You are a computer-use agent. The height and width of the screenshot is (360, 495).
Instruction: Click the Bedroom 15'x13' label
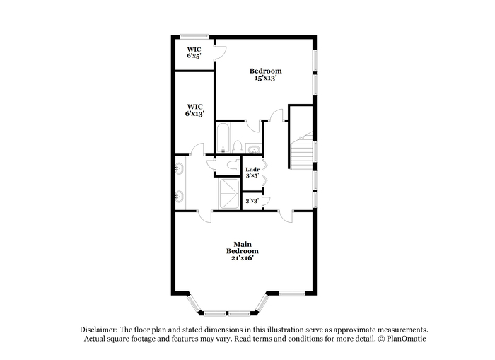(265, 74)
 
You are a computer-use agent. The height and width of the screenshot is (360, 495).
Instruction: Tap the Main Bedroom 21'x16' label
(243, 251)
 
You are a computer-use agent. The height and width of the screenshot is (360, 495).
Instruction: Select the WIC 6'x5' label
(194, 52)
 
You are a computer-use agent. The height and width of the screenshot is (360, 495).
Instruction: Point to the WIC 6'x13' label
(194, 110)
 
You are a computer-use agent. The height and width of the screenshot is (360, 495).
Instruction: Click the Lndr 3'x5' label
(252, 173)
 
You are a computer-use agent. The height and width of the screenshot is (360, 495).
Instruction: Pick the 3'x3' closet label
(252, 201)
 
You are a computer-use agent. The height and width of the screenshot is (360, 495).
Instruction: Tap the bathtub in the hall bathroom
(223, 139)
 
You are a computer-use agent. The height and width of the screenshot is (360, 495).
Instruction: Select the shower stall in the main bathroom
(229, 194)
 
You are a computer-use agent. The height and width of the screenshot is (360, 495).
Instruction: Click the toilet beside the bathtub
(237, 148)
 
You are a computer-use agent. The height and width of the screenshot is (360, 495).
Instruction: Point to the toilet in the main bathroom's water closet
(233, 165)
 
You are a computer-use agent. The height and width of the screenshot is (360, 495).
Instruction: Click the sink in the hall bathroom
(254, 149)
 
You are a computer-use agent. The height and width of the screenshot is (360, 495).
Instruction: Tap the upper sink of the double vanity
(180, 168)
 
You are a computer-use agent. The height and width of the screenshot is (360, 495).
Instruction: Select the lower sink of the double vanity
(180, 197)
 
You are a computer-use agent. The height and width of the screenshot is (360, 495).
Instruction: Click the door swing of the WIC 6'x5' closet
(221, 52)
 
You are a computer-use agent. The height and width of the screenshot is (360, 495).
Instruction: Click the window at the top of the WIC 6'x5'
(194, 37)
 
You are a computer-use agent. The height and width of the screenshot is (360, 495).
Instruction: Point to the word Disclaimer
(99, 330)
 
